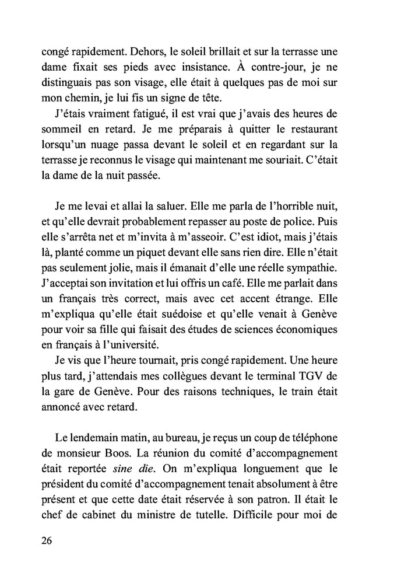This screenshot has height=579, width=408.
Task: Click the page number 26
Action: [47, 540]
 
